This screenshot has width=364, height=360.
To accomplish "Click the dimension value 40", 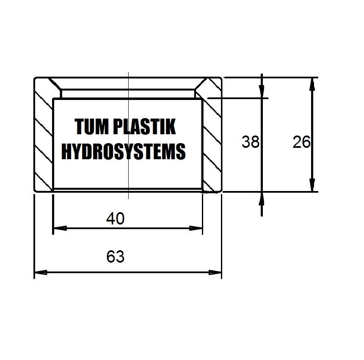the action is (116, 218).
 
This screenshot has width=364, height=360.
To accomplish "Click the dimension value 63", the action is (116, 256).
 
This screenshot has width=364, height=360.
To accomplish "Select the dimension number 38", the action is (250, 142).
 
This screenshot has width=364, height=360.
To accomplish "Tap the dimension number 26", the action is (301, 142).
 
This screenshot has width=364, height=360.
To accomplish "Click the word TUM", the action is (92, 126).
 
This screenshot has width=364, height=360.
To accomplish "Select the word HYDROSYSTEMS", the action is (124, 151).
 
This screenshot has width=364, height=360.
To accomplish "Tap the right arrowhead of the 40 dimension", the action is (196, 228).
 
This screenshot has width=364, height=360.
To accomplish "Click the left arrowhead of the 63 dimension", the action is (41, 272).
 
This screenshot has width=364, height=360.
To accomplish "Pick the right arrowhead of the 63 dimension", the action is (215, 272).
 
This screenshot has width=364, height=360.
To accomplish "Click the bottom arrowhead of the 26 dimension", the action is (312, 185).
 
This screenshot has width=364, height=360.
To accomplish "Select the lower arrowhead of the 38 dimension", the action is (262, 199).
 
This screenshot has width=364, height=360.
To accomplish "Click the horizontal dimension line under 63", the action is (128, 272).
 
